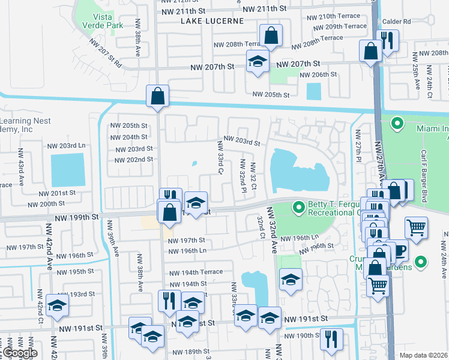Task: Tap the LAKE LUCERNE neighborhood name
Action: pos(212,20)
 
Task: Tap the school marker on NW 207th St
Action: pos(258,62)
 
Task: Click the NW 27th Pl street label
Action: pos(358,145)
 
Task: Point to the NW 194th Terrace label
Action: pos(195,272)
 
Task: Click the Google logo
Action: pos(19,353)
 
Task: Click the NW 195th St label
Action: pos(73,272)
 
